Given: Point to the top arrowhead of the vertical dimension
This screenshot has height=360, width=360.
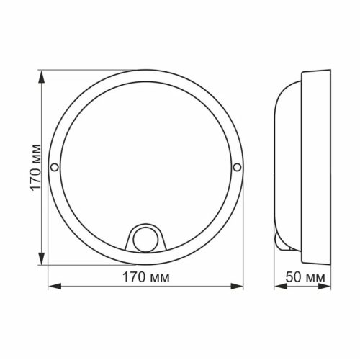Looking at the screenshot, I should (x=40, y=75).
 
